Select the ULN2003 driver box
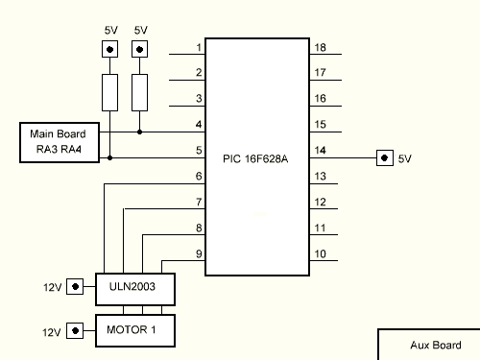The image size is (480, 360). click(134, 286)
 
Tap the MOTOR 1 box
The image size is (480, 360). click(134, 330)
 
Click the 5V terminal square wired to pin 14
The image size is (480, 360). click(384, 157)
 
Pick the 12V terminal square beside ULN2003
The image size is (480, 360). click(74, 286)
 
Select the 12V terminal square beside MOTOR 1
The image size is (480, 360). click(74, 331)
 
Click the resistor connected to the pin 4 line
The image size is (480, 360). click(140, 93)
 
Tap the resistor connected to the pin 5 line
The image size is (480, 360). click(110, 93)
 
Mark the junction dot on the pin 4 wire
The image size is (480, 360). click(140, 132)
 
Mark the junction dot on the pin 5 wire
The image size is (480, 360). click(110, 157)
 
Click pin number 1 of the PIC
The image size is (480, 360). click(199, 48)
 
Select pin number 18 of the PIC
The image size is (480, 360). click(321, 48)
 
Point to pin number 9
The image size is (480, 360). click(199, 254)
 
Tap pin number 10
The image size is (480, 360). click(321, 254)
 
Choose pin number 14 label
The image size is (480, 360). click(321, 151)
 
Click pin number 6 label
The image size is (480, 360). click(199, 177)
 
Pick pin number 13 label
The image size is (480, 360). click(321, 177)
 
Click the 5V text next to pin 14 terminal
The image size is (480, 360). click(404, 157)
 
